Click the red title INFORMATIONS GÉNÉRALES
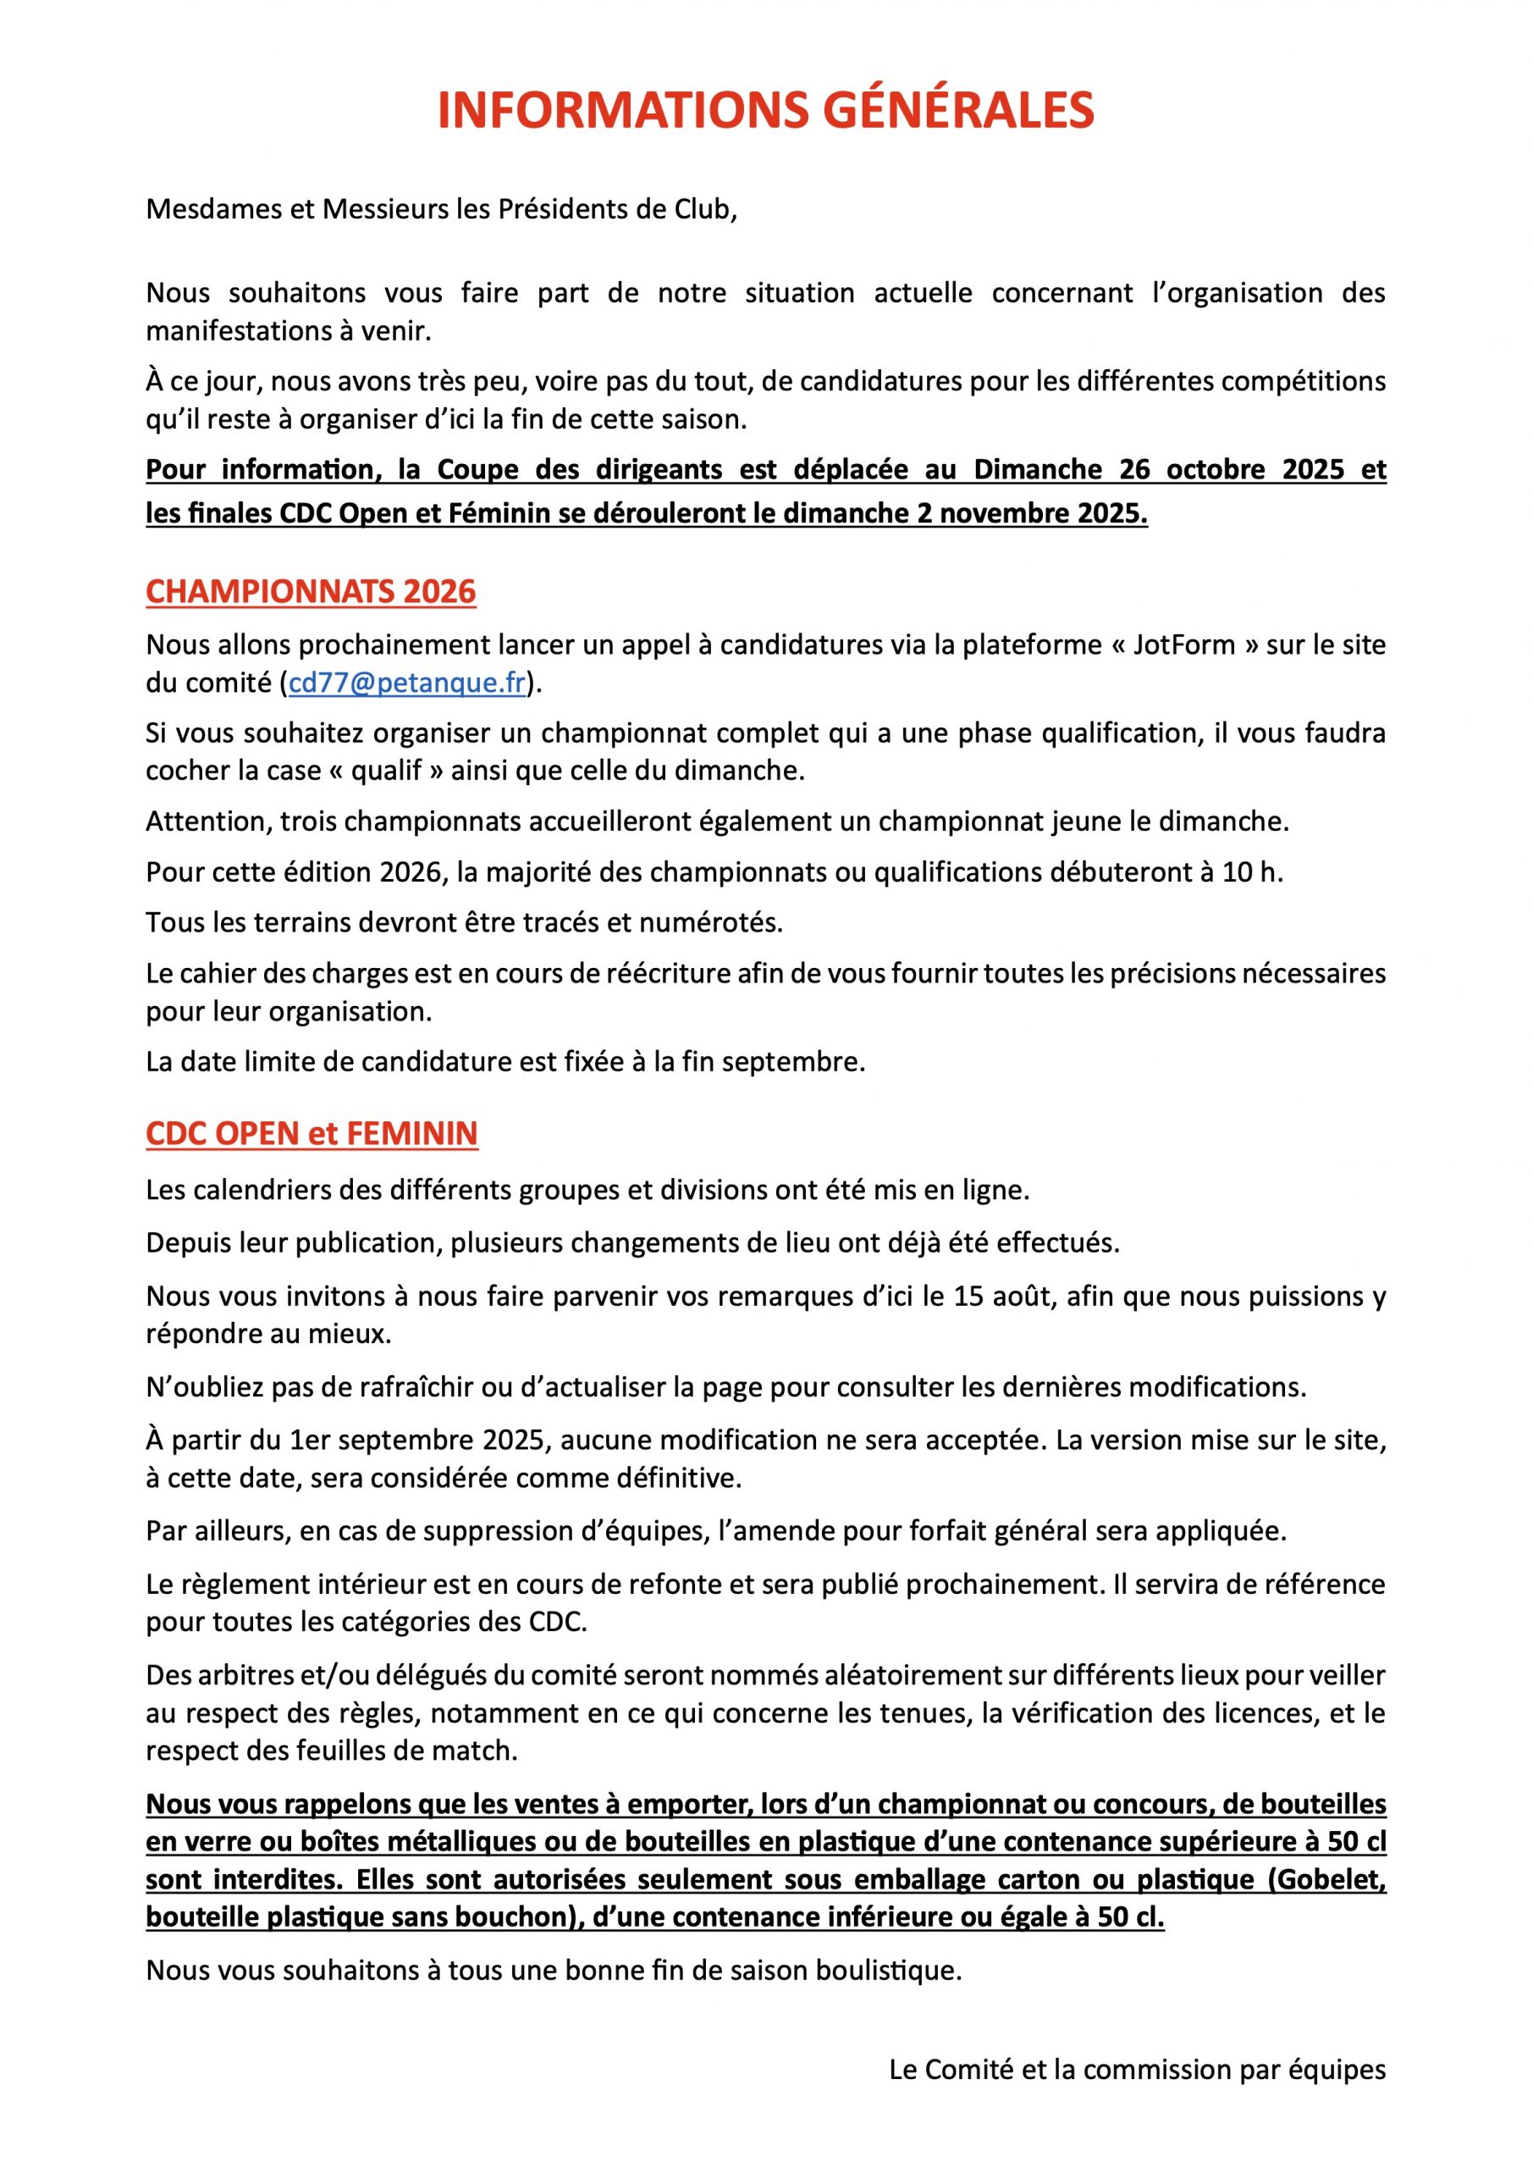[x=765, y=110]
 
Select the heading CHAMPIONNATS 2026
[x=311, y=592]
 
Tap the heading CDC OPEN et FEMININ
[x=312, y=1133]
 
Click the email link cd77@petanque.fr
[x=407, y=683]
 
